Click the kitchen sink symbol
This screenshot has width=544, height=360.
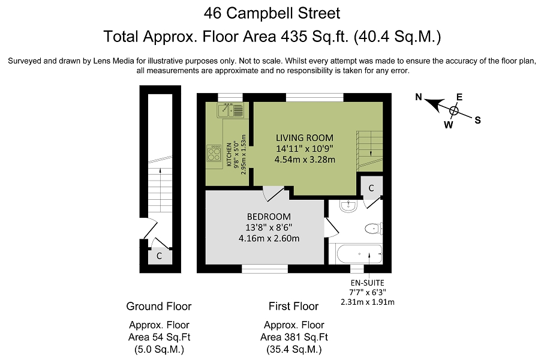pyautogui.click(x=230, y=110)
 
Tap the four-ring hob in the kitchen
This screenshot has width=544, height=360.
pyautogui.click(x=214, y=154)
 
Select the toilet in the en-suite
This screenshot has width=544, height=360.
pyautogui.click(x=374, y=229)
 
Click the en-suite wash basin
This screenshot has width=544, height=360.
pyautogui.click(x=348, y=206)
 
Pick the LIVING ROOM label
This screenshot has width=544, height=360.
pyautogui.click(x=305, y=138)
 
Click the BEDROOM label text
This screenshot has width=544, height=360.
pyautogui.click(x=269, y=217)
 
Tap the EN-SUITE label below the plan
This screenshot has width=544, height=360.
pyautogui.click(x=368, y=283)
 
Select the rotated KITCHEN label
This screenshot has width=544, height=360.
pyautogui.click(x=229, y=154)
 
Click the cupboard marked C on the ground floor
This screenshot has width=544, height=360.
pyautogui.click(x=160, y=256)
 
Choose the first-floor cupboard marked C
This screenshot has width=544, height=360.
pyautogui.click(x=371, y=188)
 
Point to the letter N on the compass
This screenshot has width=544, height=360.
pyautogui.click(x=419, y=97)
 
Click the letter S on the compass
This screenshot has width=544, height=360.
pyautogui.click(x=478, y=121)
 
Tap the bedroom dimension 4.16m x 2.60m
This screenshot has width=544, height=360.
pyautogui.click(x=269, y=238)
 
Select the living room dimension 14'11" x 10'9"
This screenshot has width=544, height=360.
pyautogui.click(x=305, y=149)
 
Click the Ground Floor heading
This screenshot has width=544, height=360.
pyautogui.click(x=159, y=306)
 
